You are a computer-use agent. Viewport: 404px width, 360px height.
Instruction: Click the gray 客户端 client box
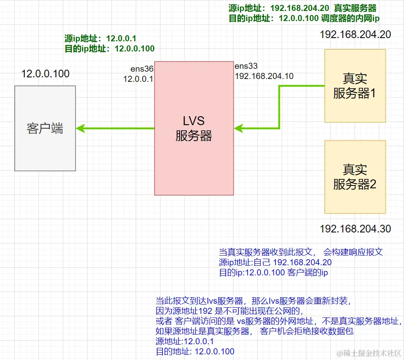(x=45, y=128)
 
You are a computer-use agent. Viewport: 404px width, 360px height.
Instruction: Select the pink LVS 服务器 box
(x=194, y=128)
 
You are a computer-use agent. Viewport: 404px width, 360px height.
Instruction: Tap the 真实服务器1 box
(x=355, y=86)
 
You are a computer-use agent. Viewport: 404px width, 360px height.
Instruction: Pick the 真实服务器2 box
(x=355, y=177)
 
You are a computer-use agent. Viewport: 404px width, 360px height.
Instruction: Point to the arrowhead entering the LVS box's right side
(x=239, y=128)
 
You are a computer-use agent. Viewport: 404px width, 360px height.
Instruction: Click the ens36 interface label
(x=141, y=69)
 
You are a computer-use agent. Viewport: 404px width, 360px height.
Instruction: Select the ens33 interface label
(x=246, y=66)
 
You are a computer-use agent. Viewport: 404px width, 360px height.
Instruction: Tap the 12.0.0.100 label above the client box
(x=45, y=74)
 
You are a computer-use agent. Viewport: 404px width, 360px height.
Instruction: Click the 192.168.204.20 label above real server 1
(x=355, y=34)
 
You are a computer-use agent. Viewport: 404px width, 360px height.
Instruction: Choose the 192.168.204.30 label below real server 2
(x=355, y=229)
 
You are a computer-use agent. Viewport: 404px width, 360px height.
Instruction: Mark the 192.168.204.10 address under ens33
(x=264, y=76)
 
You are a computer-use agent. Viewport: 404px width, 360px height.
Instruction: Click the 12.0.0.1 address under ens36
(x=138, y=79)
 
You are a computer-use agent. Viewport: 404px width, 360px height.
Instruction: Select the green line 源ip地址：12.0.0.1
(x=100, y=38)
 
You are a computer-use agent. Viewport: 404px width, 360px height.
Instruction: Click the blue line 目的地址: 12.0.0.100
(x=195, y=351)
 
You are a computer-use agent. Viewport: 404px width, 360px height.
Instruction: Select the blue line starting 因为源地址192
(x=229, y=311)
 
